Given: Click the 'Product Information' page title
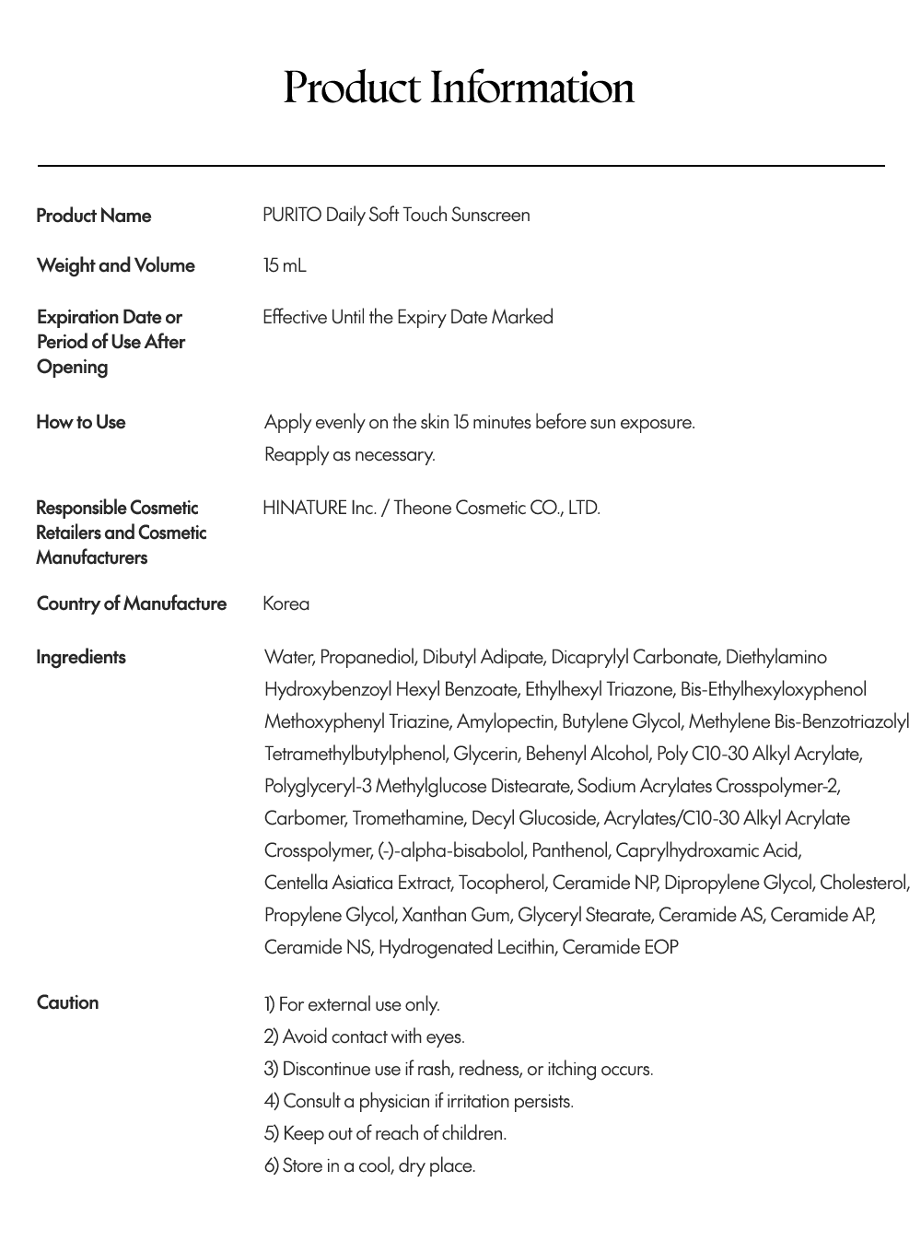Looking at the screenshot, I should (459, 88).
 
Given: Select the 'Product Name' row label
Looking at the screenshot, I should (94, 216).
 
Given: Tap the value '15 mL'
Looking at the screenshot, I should (284, 265).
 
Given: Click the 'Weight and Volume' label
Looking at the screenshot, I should (116, 265).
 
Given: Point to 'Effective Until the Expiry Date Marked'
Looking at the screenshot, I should (408, 317).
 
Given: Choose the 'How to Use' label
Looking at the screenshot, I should (81, 422).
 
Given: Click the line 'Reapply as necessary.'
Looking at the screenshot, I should (349, 454).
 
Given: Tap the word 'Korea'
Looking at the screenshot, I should (286, 603).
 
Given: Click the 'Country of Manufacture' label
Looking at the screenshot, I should (132, 603).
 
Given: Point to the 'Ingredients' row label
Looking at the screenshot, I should (81, 657).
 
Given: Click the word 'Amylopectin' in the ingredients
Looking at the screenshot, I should (505, 721).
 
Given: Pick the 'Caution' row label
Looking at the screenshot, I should (67, 1002).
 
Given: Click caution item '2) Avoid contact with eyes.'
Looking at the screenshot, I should (364, 1036).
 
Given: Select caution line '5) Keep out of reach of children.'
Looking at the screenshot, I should (385, 1133).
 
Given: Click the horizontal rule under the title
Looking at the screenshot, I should (460, 166).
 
